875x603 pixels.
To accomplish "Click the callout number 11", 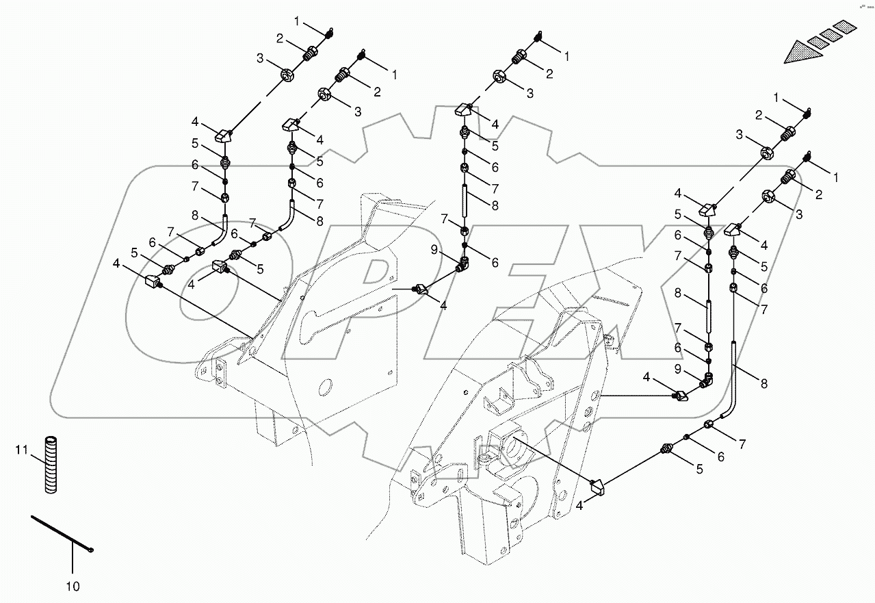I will pos(21,449).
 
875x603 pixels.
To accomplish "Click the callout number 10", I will pos(73,586).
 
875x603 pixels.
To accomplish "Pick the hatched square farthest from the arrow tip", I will pos(846,27).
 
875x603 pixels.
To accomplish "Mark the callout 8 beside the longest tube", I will pos(763,384).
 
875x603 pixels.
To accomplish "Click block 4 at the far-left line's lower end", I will pos(153,281).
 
